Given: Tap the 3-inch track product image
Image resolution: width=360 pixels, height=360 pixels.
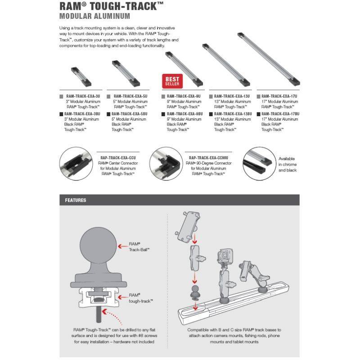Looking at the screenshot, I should (x=81, y=76).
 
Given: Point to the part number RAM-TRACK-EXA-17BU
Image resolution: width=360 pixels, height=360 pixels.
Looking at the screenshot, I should (x=280, y=114).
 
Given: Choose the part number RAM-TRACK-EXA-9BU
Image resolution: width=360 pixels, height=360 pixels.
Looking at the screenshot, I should (x=184, y=114).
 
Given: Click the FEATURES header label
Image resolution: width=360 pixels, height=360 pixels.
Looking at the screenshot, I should (x=76, y=200).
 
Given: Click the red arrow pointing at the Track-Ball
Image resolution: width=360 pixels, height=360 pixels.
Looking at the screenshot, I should (x=121, y=246).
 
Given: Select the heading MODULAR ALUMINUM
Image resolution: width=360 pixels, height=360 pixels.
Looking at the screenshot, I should (x=94, y=17).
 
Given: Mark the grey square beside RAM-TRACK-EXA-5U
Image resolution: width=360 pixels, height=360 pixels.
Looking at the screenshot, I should (x=109, y=96).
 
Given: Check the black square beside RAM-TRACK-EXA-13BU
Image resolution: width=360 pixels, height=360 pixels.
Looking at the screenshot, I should (x=211, y=114).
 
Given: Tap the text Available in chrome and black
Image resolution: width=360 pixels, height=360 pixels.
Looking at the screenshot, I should (x=288, y=164).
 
